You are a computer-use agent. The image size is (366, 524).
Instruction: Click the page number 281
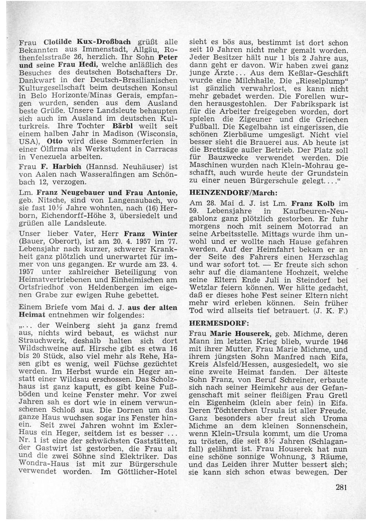(340, 487)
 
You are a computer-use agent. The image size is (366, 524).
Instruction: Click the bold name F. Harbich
(59, 167)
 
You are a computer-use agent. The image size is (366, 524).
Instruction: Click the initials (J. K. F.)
(330, 311)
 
